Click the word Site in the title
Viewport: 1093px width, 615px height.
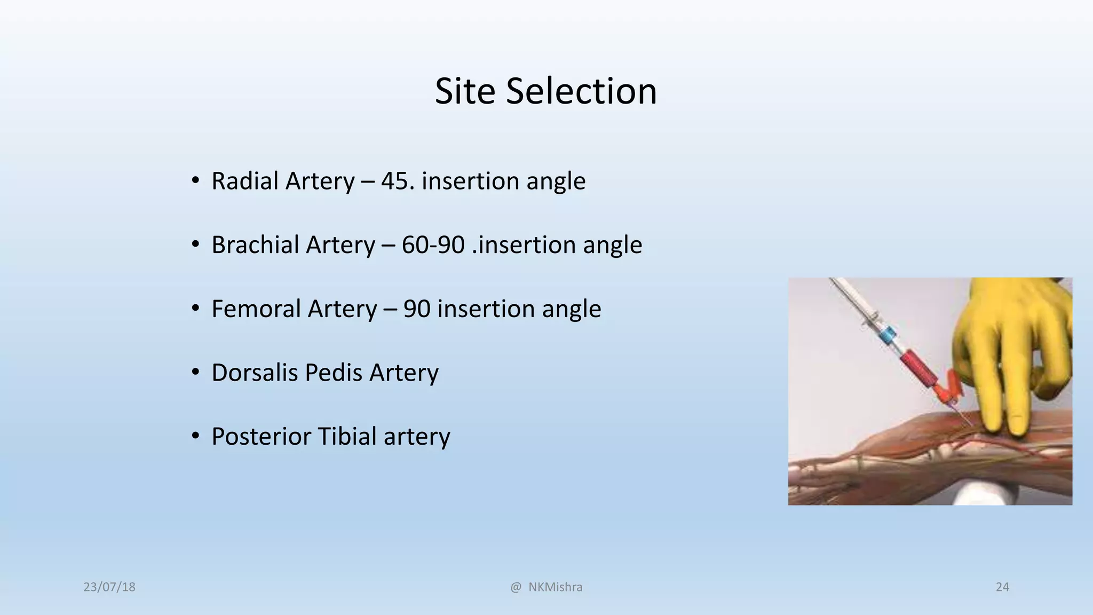(x=465, y=91)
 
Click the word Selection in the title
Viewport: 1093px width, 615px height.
(x=581, y=91)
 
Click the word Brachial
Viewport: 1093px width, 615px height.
(x=256, y=245)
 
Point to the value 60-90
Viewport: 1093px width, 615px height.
(x=433, y=245)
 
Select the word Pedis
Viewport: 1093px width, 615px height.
(x=334, y=373)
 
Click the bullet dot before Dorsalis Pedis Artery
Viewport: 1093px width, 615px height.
(x=196, y=372)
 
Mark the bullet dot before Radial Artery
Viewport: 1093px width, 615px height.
(x=196, y=180)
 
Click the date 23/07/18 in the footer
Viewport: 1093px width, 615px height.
(x=109, y=587)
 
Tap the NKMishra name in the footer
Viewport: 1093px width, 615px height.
(x=555, y=587)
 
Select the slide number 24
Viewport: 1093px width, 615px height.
(x=1002, y=587)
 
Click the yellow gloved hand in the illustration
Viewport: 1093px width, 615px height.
(x=1009, y=352)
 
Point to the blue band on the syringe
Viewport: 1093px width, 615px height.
(x=886, y=335)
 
